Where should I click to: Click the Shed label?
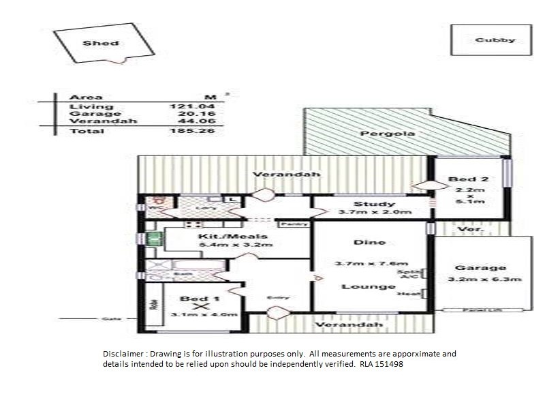coord(101,43)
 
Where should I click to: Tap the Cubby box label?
coord(495,40)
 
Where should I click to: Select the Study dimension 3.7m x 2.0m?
coord(375,213)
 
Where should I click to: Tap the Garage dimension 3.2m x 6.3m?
coord(486,279)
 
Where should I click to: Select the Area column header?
coord(86,97)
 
